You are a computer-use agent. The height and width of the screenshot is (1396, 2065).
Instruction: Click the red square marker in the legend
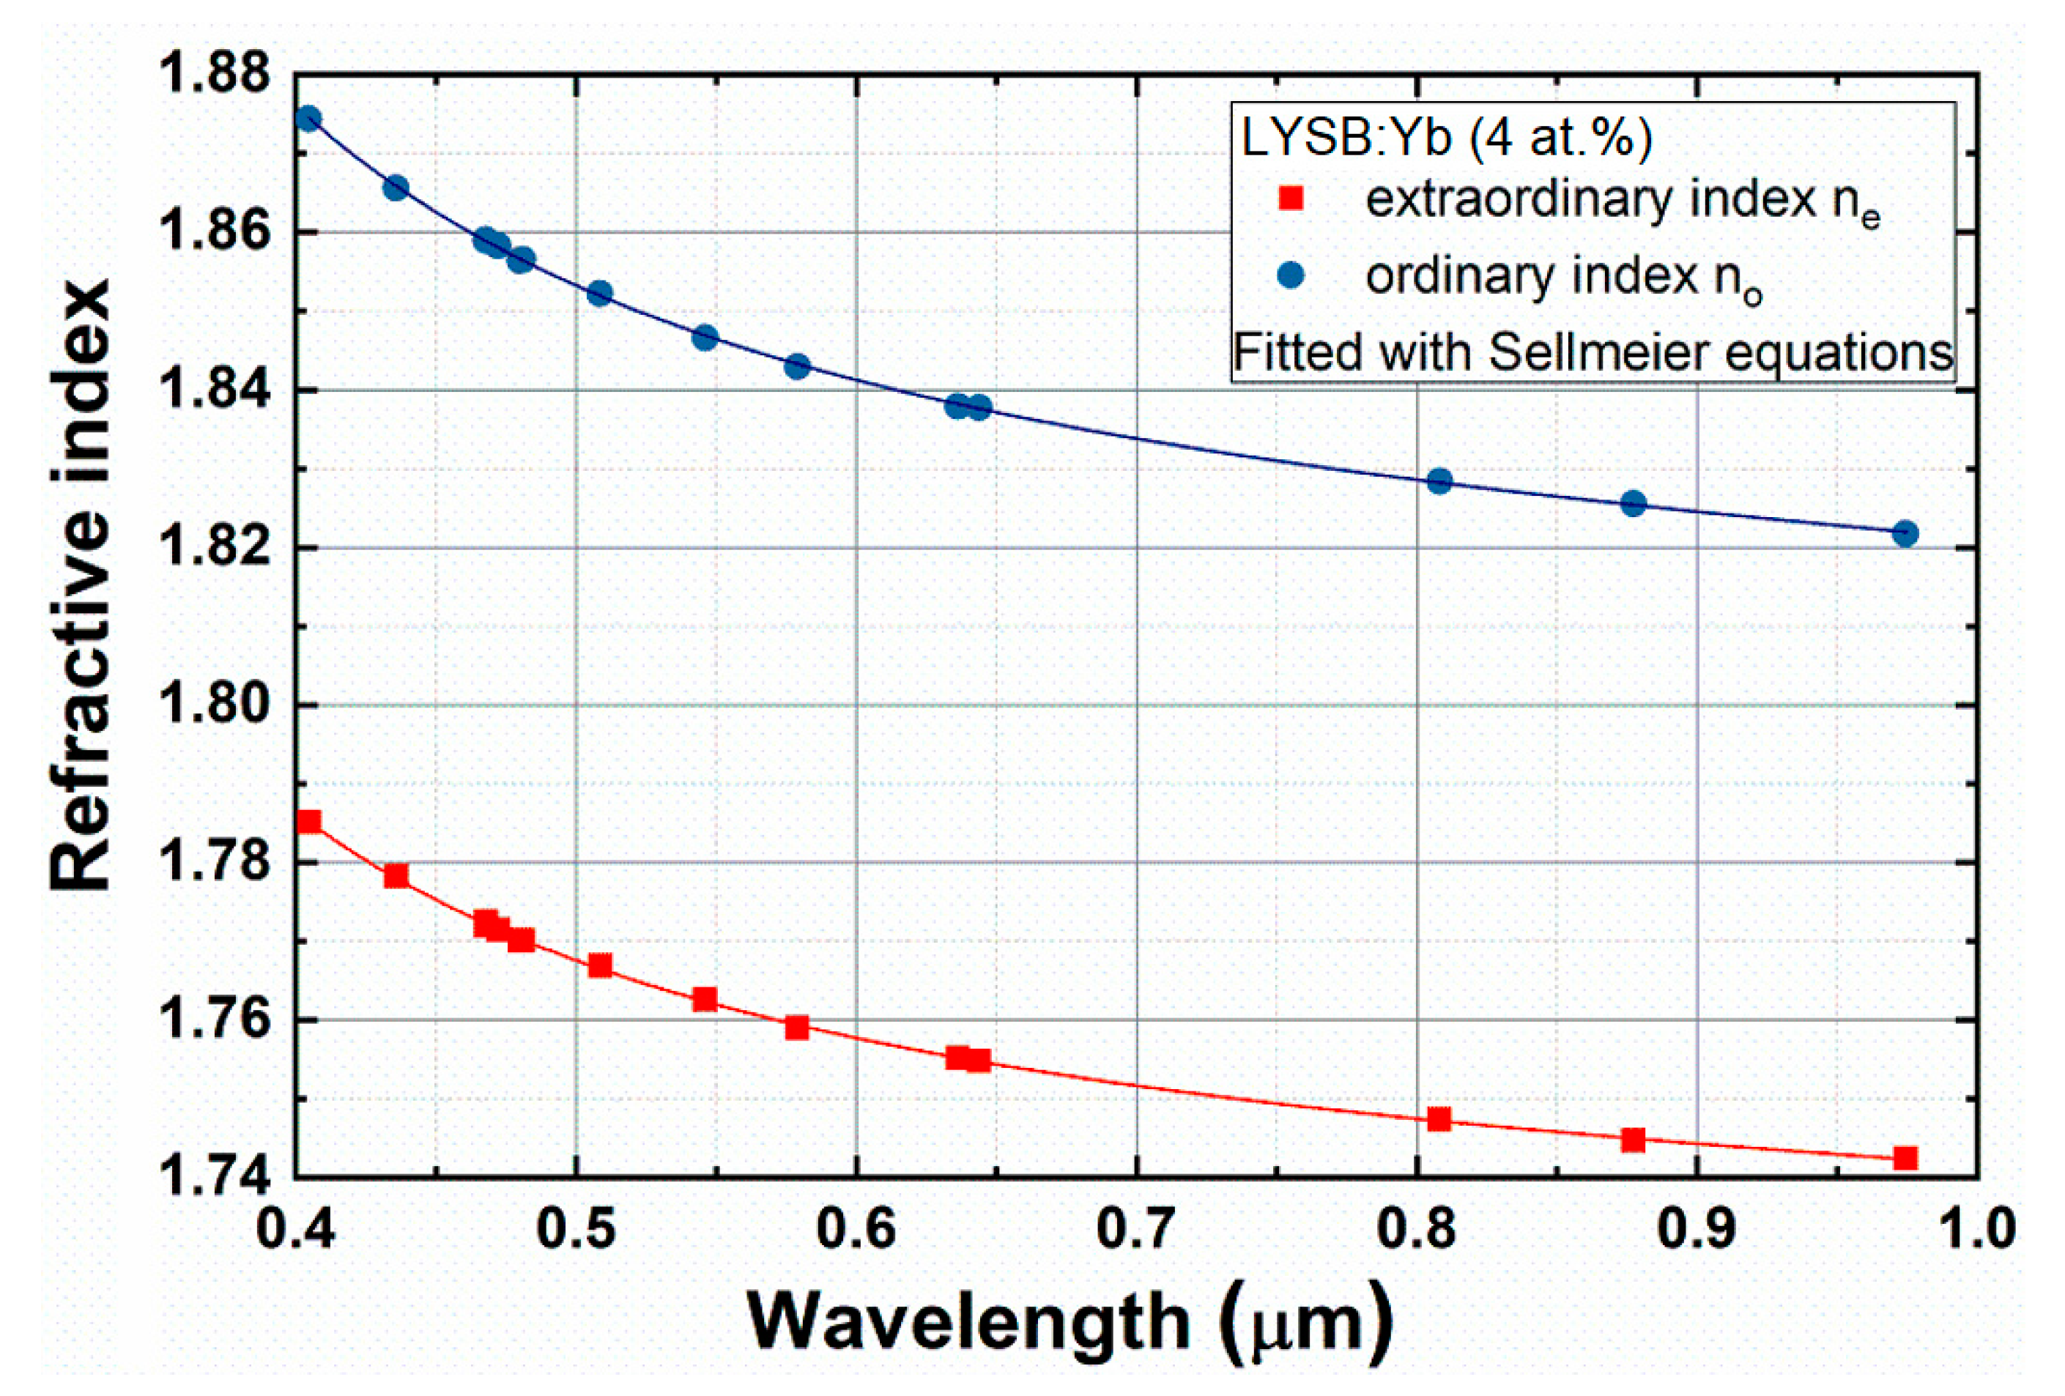[1290, 198]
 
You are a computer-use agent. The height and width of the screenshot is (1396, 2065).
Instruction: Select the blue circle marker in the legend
[1290, 275]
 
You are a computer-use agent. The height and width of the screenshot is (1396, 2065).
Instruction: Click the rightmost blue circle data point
[1904, 533]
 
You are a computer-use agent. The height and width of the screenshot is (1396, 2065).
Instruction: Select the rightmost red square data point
[1904, 1158]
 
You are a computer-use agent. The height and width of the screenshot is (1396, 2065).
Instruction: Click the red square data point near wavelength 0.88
[1633, 1139]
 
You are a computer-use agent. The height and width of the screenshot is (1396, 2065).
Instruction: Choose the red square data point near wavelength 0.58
[797, 1028]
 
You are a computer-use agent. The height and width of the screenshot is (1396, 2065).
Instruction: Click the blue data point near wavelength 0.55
[705, 338]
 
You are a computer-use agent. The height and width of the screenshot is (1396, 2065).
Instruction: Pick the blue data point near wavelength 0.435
[396, 188]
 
